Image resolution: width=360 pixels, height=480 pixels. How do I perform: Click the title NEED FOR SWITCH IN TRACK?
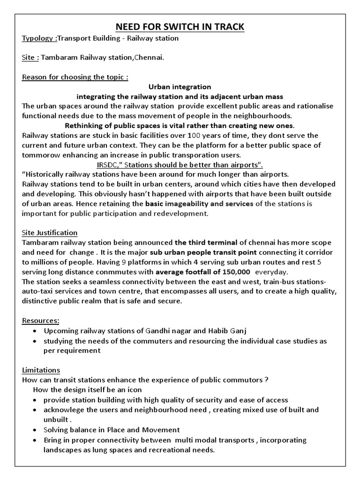tap(180, 26)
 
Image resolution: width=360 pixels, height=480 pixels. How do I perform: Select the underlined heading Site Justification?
tap(50, 232)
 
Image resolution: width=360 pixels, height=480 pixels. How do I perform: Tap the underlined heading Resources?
tap(41, 320)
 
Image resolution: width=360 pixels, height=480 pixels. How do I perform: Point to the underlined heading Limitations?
tap(41, 370)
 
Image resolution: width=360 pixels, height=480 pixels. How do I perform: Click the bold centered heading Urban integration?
tap(180, 87)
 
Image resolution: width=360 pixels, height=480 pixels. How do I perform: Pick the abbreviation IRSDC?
tap(106, 165)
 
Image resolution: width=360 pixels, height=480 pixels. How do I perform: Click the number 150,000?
tap(237, 272)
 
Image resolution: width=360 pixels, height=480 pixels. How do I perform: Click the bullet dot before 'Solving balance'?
tap(36, 430)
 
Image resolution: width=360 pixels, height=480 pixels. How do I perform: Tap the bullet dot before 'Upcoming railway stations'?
tap(36, 331)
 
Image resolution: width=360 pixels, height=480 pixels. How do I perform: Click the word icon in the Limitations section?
tap(134, 390)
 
